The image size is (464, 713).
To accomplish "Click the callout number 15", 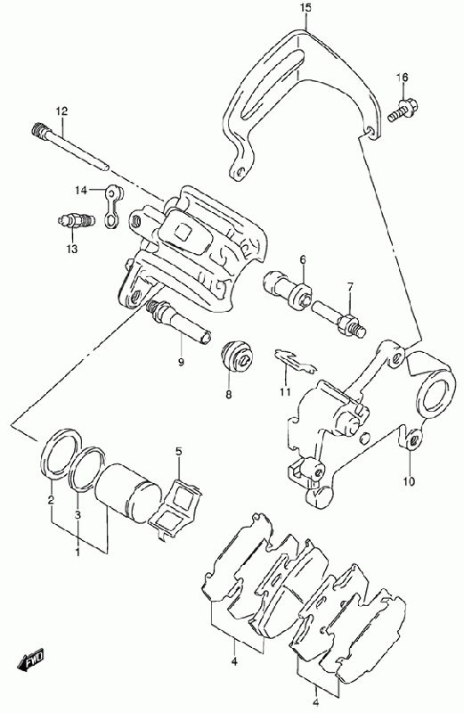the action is click(305, 8).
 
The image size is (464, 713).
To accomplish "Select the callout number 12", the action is click(61, 111).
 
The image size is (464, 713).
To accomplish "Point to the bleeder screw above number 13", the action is click(76, 221).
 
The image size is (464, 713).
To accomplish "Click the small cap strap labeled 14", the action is click(112, 205).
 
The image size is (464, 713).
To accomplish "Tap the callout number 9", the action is click(181, 362).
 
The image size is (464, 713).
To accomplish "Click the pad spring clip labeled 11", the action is click(295, 360).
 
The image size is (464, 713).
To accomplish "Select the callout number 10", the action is click(409, 480).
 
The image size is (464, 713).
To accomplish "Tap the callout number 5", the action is click(179, 452).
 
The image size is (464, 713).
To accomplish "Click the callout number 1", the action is click(77, 552).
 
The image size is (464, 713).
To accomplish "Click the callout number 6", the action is click(303, 259).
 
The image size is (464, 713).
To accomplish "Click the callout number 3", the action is click(77, 515).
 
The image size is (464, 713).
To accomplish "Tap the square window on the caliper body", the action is click(184, 233).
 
